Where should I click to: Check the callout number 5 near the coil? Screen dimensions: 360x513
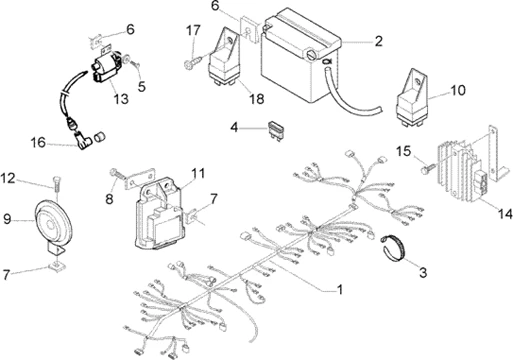[x=142, y=87]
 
